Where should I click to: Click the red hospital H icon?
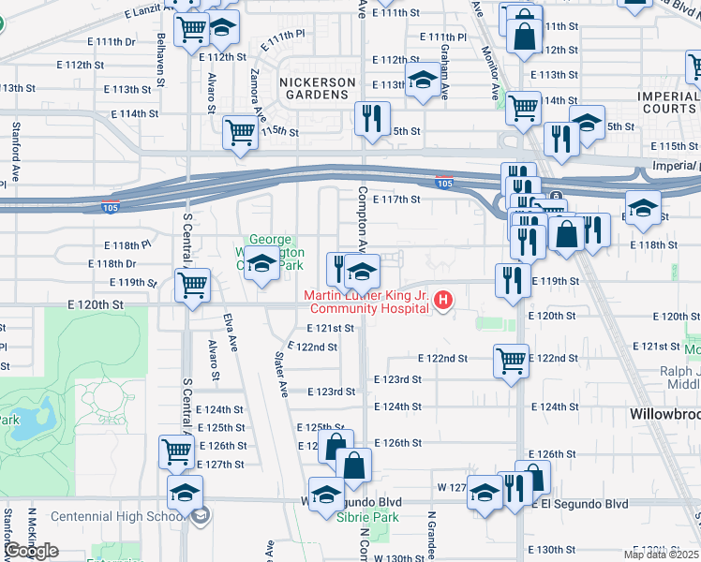[x=445, y=301]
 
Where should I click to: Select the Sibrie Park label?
[x=369, y=517]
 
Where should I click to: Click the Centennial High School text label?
[x=117, y=516]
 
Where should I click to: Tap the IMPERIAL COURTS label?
[x=667, y=103]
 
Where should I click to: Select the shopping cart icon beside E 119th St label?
[x=193, y=284]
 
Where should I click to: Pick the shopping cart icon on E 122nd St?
[x=511, y=360]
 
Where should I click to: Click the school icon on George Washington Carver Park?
[x=263, y=269]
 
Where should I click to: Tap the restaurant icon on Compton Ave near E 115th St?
[x=373, y=118]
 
